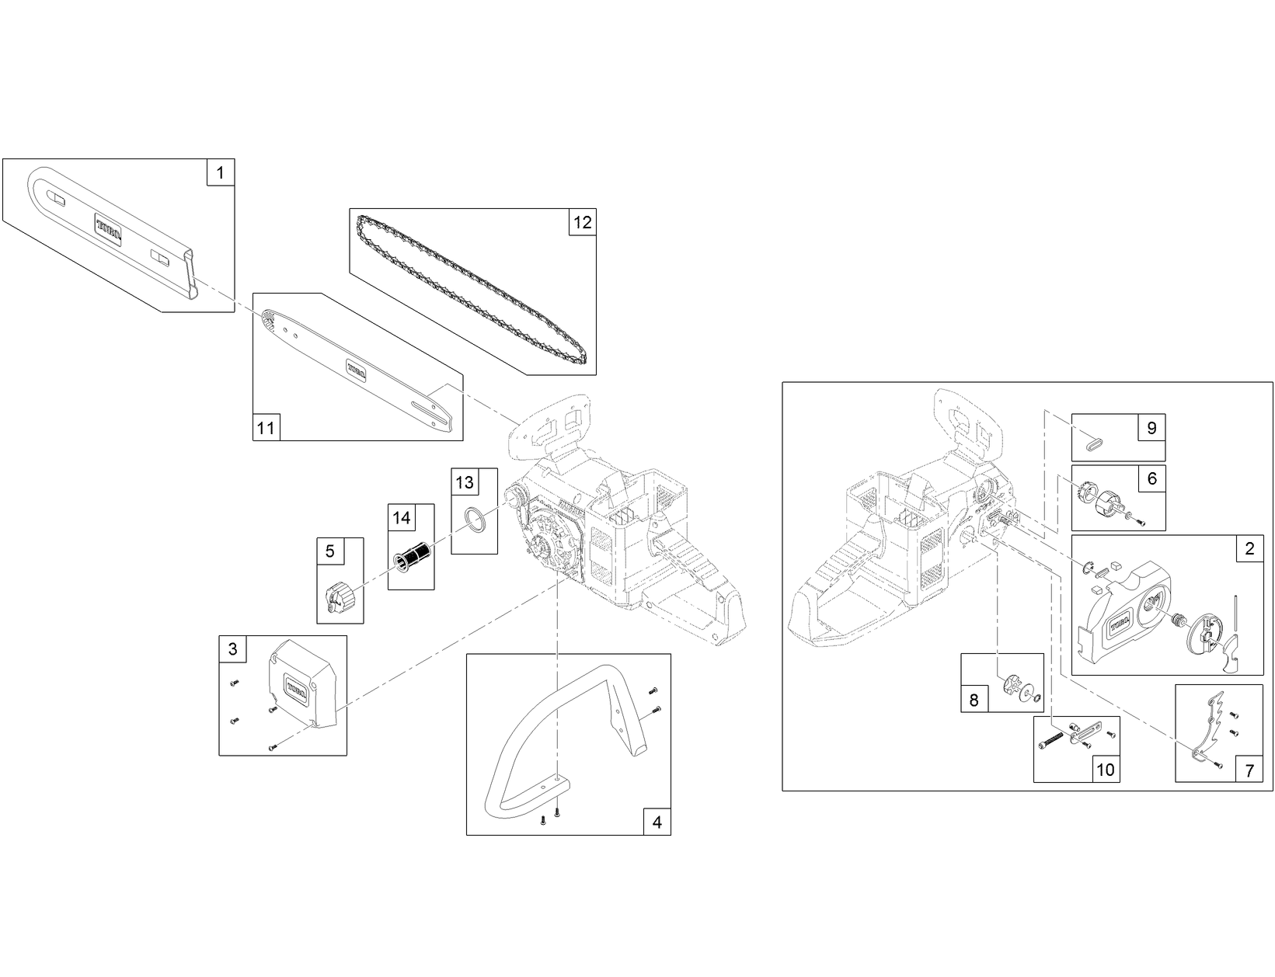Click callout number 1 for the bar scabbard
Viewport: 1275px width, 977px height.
pos(221,172)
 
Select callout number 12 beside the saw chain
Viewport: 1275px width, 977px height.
pos(582,223)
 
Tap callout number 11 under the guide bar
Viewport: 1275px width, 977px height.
pos(266,427)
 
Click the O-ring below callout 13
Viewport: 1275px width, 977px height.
pos(475,520)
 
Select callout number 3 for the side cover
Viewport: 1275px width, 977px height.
pos(233,649)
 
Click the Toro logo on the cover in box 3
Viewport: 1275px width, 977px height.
pos(297,687)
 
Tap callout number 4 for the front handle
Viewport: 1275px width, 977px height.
pos(657,822)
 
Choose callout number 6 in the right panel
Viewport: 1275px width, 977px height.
pos(1151,478)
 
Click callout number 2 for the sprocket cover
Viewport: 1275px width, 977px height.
pos(1249,548)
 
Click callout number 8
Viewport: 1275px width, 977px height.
pos(974,700)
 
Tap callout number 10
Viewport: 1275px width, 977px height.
pos(1105,769)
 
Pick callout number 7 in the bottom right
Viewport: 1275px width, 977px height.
pos(1249,771)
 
